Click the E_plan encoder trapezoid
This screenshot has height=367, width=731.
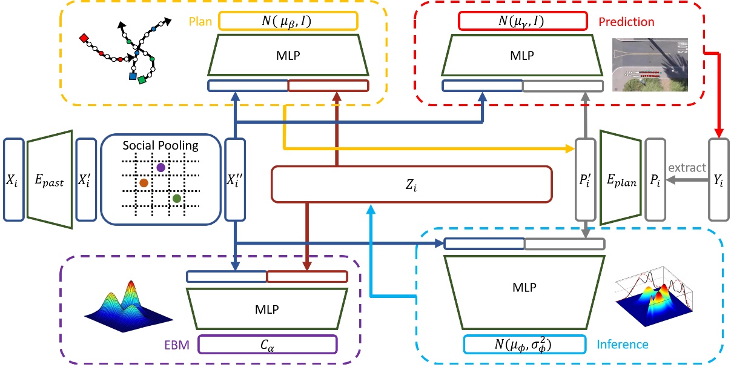tap(620, 179)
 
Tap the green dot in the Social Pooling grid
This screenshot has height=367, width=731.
tap(176, 198)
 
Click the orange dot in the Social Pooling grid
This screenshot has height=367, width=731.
tap(144, 182)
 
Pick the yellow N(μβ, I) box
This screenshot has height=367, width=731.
tap(288, 22)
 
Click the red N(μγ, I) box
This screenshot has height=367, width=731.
tap(523, 22)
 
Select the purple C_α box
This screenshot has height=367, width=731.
tap(266, 345)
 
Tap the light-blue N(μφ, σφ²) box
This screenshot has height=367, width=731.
tap(524, 345)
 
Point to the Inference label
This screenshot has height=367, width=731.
tap(623, 345)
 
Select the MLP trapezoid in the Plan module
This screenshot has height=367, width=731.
tap(288, 56)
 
